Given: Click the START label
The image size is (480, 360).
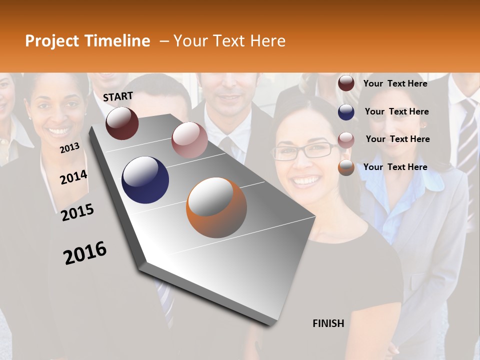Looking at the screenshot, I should click(118, 96).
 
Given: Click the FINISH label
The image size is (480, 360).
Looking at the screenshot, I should click(328, 323).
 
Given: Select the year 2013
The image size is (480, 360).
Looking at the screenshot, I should click(69, 147).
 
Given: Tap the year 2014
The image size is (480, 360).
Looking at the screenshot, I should click(73, 177).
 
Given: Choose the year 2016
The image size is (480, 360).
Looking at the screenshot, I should click(85, 253).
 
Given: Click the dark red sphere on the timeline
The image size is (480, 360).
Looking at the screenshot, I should click(122, 123).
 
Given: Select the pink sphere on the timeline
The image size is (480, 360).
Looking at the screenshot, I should click(189, 140).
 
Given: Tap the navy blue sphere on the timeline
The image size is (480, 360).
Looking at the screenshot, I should click(145, 180).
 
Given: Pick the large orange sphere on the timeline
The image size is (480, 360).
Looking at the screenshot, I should click(216, 207).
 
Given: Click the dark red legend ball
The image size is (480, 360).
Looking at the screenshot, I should click(346, 83).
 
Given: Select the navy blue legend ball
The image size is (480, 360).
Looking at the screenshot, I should click(346, 112).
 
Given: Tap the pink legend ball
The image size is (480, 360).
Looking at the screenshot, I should click(346, 140).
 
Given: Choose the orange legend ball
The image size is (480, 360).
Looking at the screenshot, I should click(346, 168).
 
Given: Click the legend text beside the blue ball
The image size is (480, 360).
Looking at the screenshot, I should click(396, 111).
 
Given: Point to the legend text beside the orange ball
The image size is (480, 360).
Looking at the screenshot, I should click(395, 167).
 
